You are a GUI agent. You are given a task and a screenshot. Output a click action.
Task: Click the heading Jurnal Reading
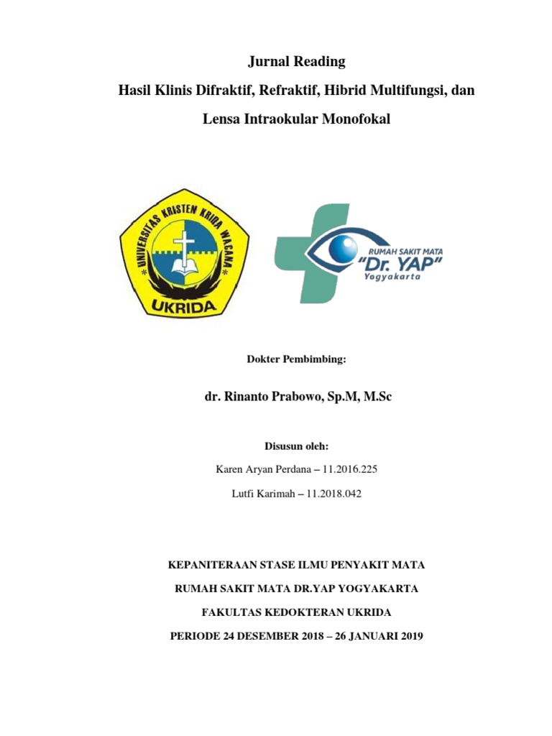297,62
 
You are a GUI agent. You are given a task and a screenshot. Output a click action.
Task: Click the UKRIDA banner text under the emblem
184,305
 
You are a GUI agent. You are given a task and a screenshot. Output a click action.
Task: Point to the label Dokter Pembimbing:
297,358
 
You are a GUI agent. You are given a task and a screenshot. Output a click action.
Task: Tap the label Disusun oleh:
297,446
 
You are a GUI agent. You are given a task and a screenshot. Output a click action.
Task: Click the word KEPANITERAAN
213,565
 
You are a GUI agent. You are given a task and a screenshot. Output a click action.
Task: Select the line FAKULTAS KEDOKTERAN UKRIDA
297,612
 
